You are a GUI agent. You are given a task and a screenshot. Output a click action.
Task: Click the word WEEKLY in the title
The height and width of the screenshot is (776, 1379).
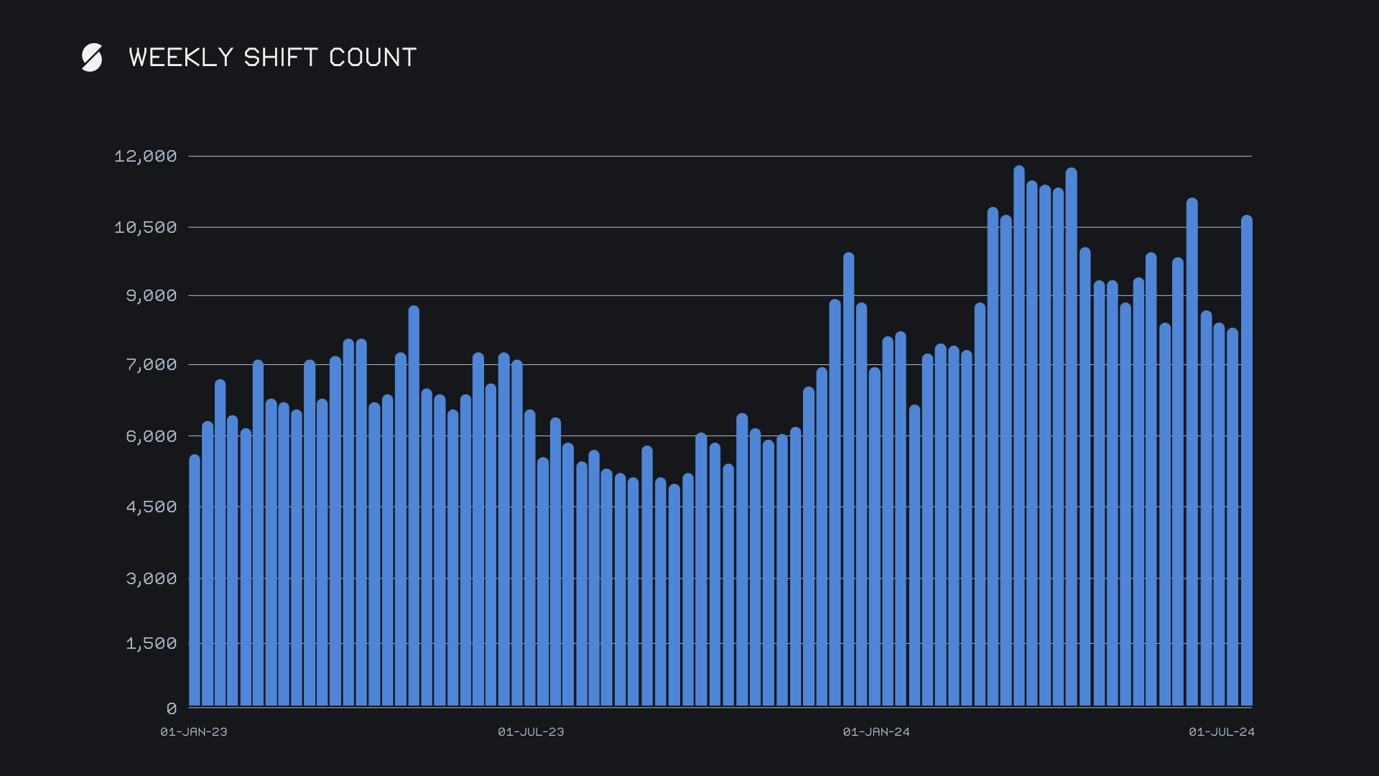[x=181, y=57]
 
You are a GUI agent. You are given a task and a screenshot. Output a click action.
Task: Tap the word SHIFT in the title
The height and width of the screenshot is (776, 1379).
[x=280, y=57]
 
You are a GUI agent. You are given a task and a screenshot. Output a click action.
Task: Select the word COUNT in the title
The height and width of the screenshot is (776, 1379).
[x=373, y=57]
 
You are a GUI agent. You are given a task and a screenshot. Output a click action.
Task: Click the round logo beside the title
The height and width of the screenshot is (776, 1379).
[x=92, y=57]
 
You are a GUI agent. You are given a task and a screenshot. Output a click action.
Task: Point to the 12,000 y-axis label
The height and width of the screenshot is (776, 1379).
[x=145, y=157]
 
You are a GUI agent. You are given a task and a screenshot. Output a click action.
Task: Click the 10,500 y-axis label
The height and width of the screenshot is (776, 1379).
[x=145, y=228]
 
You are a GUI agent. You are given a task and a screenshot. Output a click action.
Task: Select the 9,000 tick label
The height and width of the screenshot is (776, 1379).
[x=151, y=296]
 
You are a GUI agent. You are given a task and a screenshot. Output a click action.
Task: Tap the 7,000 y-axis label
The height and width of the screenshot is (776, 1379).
[x=151, y=365]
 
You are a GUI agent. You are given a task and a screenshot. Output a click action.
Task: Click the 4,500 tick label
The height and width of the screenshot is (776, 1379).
[x=151, y=507]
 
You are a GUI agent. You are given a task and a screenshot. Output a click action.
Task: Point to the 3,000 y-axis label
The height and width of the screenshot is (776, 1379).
[x=151, y=579]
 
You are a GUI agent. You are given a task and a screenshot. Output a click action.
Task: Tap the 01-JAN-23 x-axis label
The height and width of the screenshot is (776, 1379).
[x=194, y=732]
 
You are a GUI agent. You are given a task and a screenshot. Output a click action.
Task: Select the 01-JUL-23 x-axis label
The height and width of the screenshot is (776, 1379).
[x=531, y=732]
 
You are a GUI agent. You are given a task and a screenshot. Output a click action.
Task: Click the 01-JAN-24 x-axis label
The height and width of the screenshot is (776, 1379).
[x=876, y=732]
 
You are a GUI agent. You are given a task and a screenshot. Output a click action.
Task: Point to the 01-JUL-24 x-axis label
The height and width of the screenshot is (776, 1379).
[x=1222, y=732]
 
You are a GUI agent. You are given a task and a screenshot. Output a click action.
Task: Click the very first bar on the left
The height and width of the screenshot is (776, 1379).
[x=195, y=582]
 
